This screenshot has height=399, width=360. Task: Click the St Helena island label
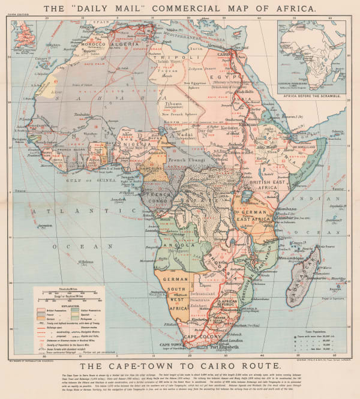click(87, 262)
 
